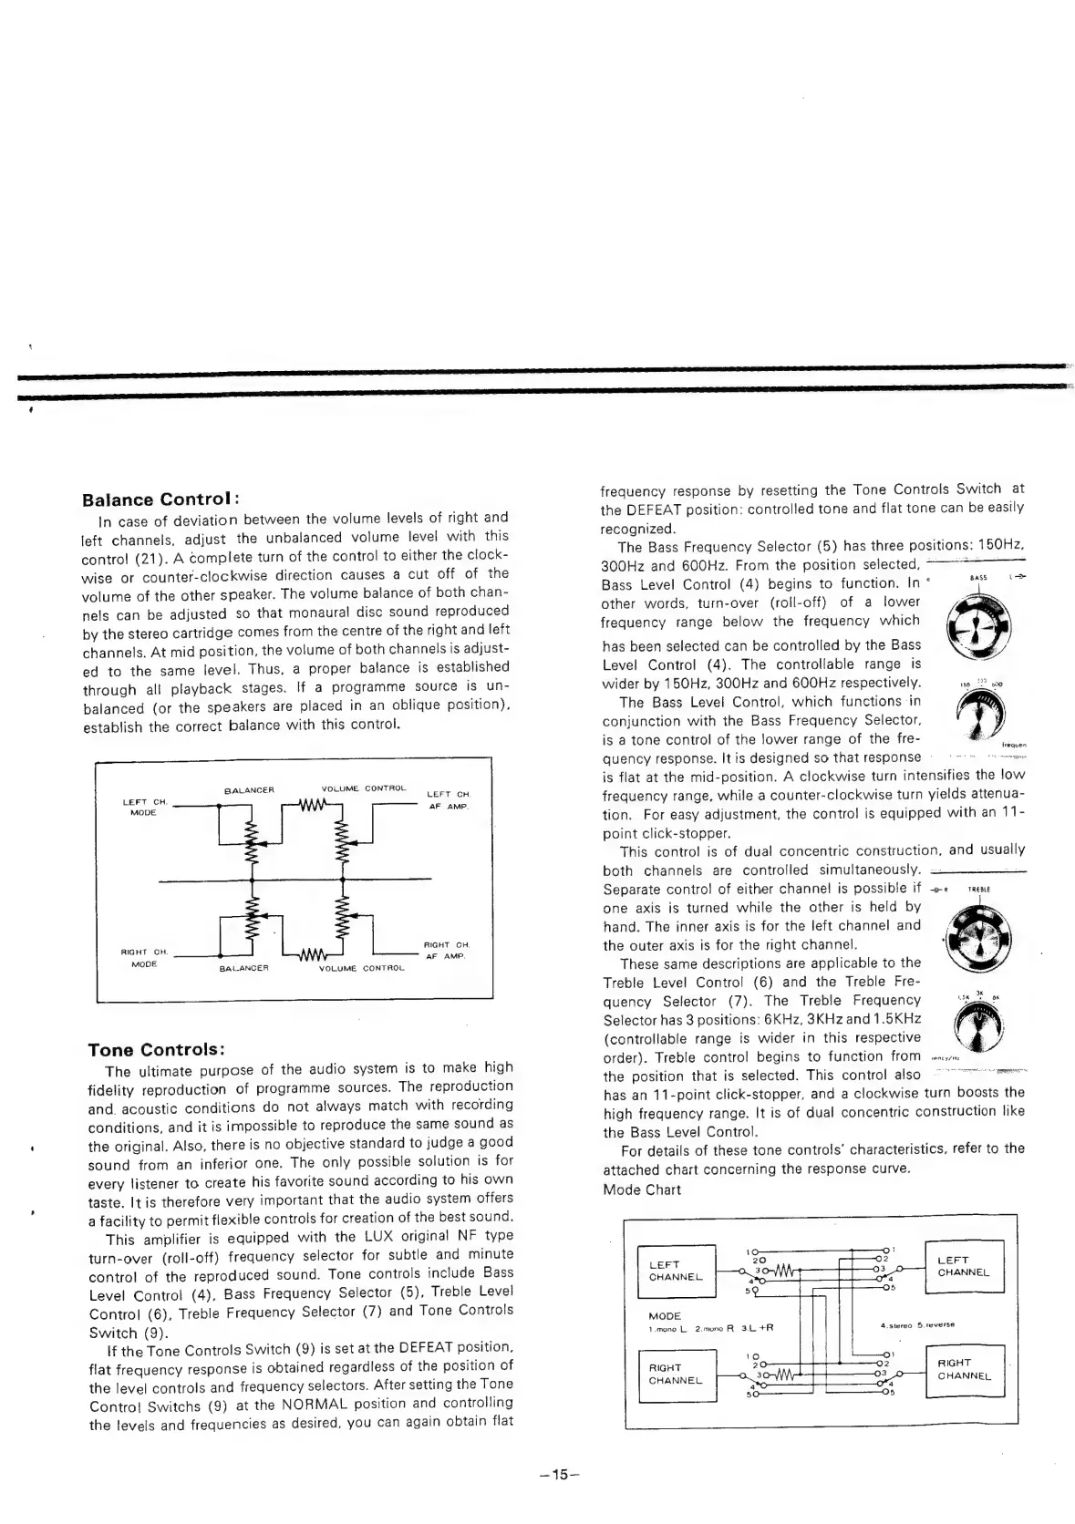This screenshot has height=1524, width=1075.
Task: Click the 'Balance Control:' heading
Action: (x=160, y=499)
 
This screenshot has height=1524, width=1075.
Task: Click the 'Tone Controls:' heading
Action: (x=156, y=1049)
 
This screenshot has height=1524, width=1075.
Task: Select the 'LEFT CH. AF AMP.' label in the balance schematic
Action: (x=448, y=799)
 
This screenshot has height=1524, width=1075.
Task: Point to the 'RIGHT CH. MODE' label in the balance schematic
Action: (x=145, y=957)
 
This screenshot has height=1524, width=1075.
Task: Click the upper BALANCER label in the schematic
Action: (x=249, y=789)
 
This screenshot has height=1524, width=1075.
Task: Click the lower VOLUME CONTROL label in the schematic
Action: (x=362, y=968)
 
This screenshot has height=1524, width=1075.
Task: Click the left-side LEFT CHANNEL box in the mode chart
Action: (x=676, y=1271)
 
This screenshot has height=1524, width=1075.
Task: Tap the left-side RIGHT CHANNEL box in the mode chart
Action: (x=676, y=1374)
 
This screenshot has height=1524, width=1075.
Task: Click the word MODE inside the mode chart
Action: (x=665, y=1315)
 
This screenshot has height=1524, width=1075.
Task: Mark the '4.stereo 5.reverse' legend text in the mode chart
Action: (x=917, y=1324)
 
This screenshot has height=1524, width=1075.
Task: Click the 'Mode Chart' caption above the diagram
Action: (x=642, y=1189)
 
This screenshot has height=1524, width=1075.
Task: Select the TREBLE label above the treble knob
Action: (x=978, y=889)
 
